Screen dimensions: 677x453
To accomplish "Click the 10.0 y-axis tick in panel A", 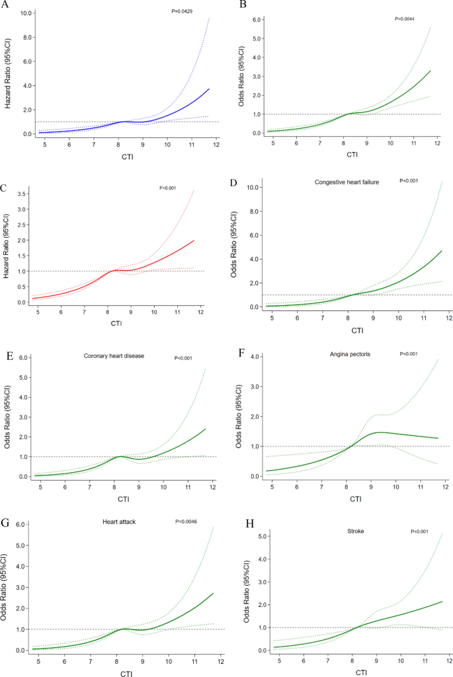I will click(x=26, y=13).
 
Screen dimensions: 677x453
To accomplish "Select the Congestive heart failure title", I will click(x=347, y=181).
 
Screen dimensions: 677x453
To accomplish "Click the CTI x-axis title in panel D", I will click(x=357, y=330).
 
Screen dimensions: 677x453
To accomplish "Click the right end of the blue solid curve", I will click(x=210, y=89).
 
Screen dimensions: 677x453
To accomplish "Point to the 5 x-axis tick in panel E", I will click(x=39, y=487).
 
